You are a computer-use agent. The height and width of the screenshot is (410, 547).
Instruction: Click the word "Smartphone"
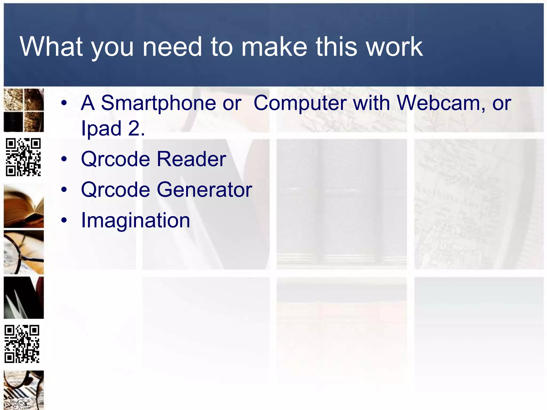click(x=158, y=103)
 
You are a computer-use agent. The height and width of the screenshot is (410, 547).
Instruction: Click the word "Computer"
click(x=300, y=103)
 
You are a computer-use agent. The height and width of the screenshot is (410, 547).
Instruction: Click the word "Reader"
click(x=191, y=159)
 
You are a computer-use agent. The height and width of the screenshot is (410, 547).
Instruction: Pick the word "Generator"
click(x=204, y=190)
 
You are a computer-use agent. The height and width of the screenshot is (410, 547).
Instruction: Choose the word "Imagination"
click(x=135, y=220)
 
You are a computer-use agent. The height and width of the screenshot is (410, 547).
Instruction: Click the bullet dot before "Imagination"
click(x=64, y=220)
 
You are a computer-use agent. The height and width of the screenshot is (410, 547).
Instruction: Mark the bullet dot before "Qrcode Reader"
click(x=64, y=159)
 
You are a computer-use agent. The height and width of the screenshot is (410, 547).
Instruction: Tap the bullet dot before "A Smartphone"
click(x=64, y=103)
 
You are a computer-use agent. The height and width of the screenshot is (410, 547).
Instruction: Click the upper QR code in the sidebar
click(x=24, y=157)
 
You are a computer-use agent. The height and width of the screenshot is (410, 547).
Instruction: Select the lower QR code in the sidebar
click(x=22, y=344)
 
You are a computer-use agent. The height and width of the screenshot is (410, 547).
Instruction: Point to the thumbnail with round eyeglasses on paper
click(x=24, y=252)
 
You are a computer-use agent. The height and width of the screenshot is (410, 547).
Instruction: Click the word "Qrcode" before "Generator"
click(x=115, y=190)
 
